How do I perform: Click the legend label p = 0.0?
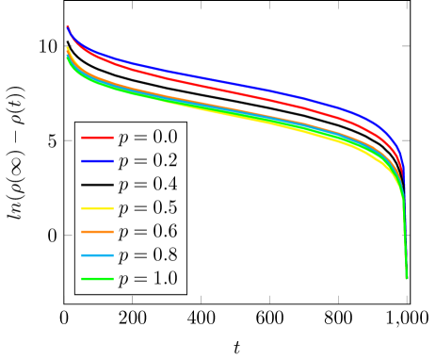pyautogui.click(x=147, y=138)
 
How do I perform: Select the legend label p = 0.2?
pyautogui.click(x=147, y=161)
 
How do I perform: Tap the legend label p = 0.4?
pyautogui.click(x=147, y=185)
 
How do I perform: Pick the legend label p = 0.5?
pyautogui.click(x=147, y=208)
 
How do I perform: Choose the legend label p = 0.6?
pyautogui.click(x=147, y=232)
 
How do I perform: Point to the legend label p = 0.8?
pyautogui.click(x=147, y=255)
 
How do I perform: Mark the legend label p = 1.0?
pyautogui.click(x=147, y=279)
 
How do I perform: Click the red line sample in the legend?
pyautogui.click(x=97, y=138)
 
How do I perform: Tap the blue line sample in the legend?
pyautogui.click(x=97, y=161)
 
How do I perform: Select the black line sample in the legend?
pyautogui.click(x=97, y=185)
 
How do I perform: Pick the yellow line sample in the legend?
pyautogui.click(x=97, y=208)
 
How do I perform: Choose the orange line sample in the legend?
pyautogui.click(x=97, y=232)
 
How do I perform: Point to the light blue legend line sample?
pyautogui.click(x=97, y=255)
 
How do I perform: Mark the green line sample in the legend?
pyautogui.click(x=97, y=279)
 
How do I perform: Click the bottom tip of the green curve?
pyautogui.click(x=407, y=278)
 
